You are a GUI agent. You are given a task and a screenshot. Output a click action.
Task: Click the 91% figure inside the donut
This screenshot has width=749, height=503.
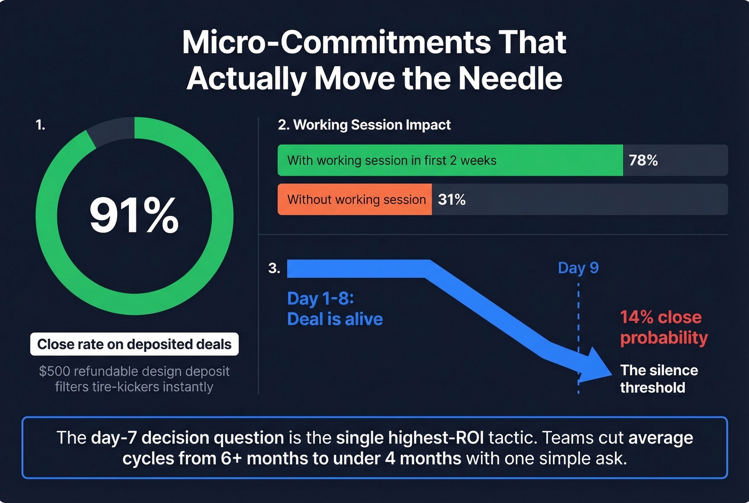(x=134, y=215)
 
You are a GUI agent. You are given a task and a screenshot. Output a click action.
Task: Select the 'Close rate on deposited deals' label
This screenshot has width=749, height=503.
(x=134, y=344)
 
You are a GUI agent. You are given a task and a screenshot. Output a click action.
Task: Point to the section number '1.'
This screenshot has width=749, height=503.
(x=40, y=125)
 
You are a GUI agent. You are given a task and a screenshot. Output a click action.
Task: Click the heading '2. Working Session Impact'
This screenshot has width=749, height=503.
(x=364, y=125)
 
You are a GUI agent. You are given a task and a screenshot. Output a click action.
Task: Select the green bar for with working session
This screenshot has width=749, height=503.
(x=449, y=160)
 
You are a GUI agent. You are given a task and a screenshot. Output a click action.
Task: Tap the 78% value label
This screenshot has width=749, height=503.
(x=643, y=160)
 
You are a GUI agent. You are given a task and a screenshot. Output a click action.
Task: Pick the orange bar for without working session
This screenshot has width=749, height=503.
(x=355, y=199)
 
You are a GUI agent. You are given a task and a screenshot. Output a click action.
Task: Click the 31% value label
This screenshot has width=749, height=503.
(x=452, y=199)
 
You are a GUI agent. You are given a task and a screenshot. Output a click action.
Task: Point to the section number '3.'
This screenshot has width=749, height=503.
(x=274, y=268)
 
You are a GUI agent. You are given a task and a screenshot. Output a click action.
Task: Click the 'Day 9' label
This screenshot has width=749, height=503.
(x=578, y=268)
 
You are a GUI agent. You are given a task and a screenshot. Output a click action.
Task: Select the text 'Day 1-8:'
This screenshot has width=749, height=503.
(x=320, y=298)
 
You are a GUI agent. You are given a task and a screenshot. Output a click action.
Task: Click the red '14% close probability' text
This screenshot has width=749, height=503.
(x=663, y=327)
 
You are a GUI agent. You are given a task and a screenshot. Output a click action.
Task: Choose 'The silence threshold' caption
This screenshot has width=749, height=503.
(x=659, y=379)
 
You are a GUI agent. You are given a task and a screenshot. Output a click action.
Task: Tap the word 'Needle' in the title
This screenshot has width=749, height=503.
(x=510, y=79)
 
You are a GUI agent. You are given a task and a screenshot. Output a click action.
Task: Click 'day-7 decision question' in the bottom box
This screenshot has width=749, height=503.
(x=187, y=438)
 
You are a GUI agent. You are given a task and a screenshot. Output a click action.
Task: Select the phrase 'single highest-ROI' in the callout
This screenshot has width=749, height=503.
(x=410, y=438)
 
